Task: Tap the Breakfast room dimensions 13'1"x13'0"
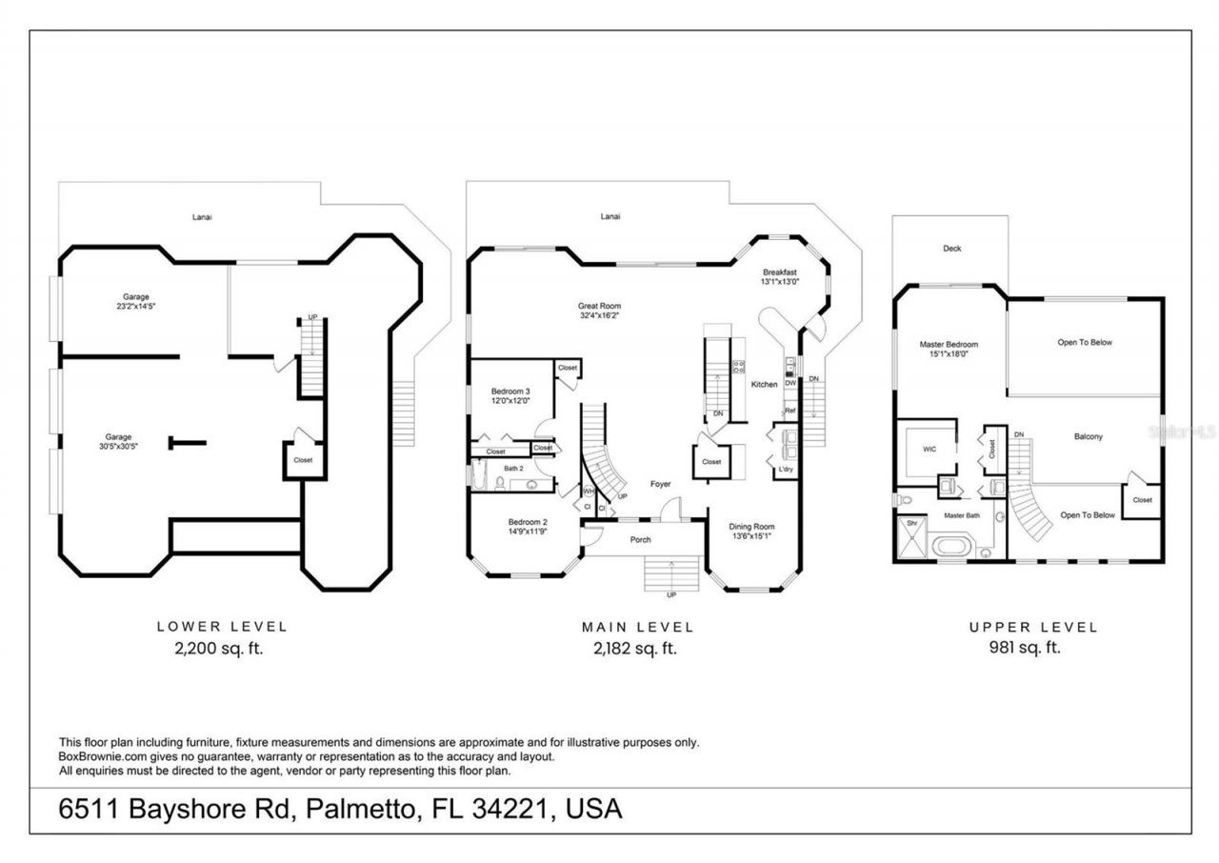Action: pyautogui.click(x=779, y=282)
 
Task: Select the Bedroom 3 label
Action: pyautogui.click(x=510, y=391)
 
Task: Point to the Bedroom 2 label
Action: pyautogui.click(x=527, y=522)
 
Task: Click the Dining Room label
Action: pyautogui.click(x=751, y=526)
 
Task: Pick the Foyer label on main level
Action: pyautogui.click(x=660, y=484)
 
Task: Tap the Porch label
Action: pyautogui.click(x=641, y=540)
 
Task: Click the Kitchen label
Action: pyautogui.click(x=764, y=384)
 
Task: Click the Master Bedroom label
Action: pyautogui.click(x=949, y=344)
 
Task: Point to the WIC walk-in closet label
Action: pyautogui.click(x=929, y=448)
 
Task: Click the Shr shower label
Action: pyautogui.click(x=910, y=523)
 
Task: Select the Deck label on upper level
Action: pyautogui.click(x=951, y=249)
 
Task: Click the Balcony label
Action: pyautogui.click(x=1088, y=437)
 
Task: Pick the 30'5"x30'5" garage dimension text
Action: pyautogui.click(x=118, y=447)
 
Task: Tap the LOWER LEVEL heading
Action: pyautogui.click(x=222, y=627)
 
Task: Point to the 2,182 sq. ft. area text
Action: pyautogui.click(x=637, y=648)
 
